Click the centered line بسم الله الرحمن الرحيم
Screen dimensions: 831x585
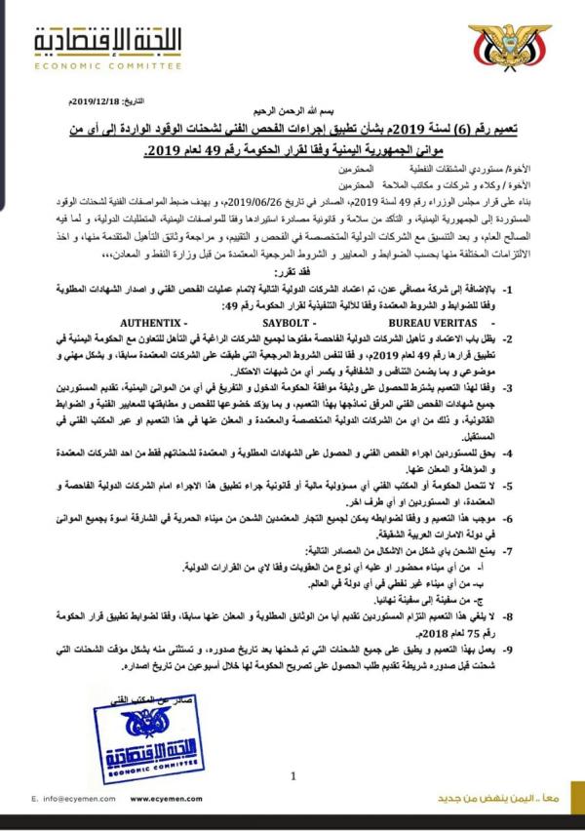[292, 115]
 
